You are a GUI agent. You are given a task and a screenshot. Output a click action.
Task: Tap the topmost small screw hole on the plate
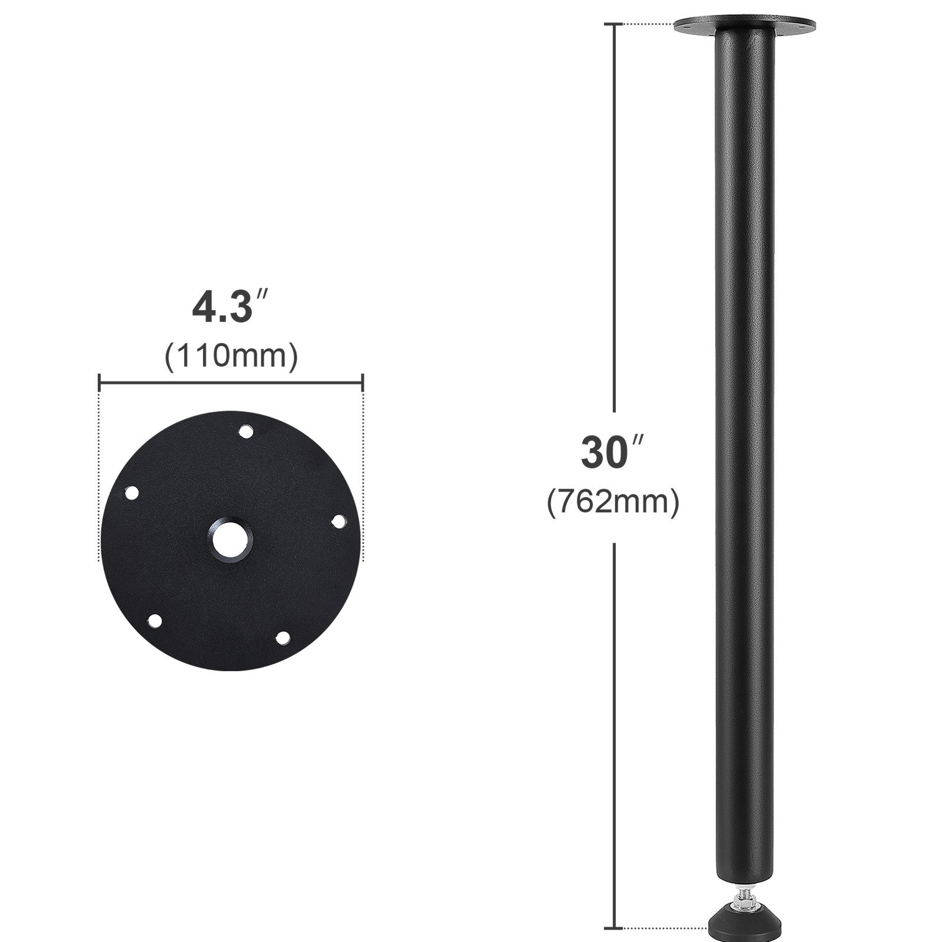(x=245, y=432)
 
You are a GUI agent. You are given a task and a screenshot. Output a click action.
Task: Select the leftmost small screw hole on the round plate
(x=132, y=492)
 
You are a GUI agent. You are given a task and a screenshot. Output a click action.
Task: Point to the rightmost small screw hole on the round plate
(x=339, y=522)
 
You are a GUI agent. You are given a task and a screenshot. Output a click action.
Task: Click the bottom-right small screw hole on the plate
(x=283, y=637)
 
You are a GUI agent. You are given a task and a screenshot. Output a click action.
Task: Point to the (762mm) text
(x=612, y=502)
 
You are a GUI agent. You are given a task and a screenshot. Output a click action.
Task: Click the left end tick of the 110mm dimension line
(x=99, y=383)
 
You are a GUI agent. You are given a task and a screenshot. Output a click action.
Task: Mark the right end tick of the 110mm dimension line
(x=362, y=383)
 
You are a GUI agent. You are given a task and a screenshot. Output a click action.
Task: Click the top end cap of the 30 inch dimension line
(x=615, y=24)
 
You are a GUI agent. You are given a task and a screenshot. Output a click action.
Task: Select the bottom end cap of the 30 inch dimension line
(x=615, y=928)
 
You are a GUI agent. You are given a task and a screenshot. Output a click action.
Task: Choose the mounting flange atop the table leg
(x=744, y=26)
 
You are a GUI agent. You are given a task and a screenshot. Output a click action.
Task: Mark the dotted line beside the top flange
(x=648, y=24)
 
